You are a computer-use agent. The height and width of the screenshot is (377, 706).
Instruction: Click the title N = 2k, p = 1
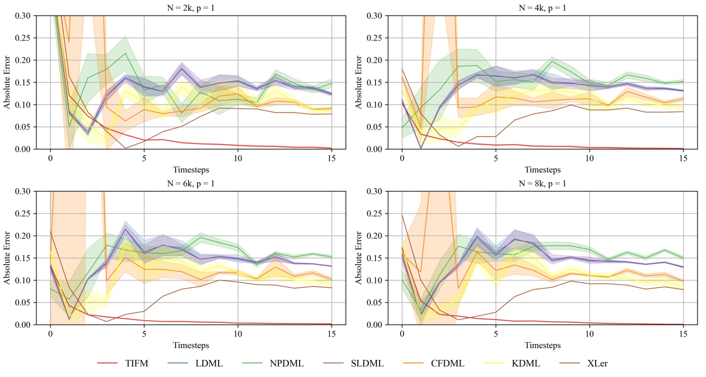click(x=191, y=8)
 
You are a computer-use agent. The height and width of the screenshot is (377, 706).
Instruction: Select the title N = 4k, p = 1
click(x=542, y=8)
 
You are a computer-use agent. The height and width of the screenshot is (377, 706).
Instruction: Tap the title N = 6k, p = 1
click(x=191, y=183)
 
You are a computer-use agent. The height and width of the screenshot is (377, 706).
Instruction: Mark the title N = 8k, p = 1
click(x=542, y=183)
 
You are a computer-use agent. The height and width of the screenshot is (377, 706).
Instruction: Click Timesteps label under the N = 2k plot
click(x=191, y=169)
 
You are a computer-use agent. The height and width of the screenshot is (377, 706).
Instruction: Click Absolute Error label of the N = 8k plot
click(x=359, y=258)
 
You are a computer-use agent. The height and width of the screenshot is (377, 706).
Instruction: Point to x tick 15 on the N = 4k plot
click(x=683, y=158)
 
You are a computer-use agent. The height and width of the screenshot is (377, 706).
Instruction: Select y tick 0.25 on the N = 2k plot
click(x=23, y=38)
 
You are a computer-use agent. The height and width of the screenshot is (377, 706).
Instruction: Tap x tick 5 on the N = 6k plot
click(x=144, y=334)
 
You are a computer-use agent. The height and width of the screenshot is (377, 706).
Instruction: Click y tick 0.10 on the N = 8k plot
click(x=374, y=280)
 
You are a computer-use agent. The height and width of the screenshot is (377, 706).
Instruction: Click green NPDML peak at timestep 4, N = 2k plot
click(x=126, y=53)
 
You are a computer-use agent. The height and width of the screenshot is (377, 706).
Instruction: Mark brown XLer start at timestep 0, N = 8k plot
click(x=402, y=215)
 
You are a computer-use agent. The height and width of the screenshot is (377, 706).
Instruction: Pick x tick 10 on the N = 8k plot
click(x=589, y=334)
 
